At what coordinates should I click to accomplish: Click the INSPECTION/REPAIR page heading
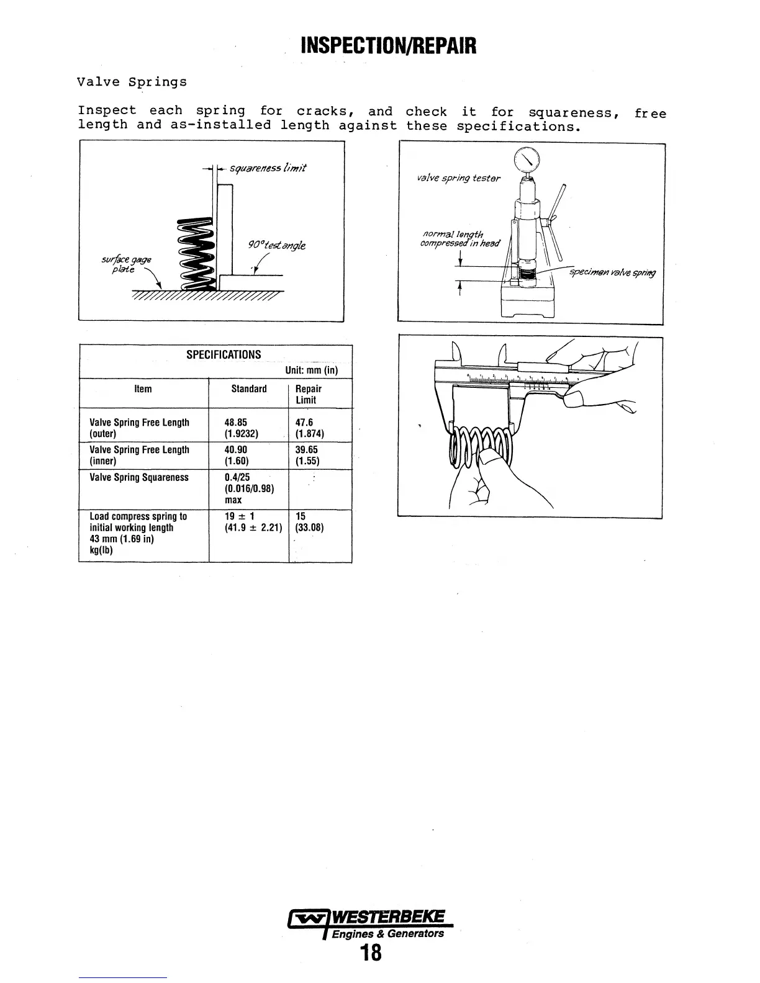pos(388,45)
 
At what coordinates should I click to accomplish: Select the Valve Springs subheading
pos(132,82)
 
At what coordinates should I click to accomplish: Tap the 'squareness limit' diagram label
pos(268,168)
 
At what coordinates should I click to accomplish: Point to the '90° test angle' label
pos(277,245)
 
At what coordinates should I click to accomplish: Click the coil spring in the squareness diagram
pos(196,254)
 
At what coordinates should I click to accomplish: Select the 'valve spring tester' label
pos(458,179)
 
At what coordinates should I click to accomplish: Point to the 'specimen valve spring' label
pos(612,273)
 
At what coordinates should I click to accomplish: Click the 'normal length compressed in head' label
pos(459,238)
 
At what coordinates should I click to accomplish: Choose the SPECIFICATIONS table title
pos(224,355)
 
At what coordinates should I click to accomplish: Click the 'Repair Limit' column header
pos(308,394)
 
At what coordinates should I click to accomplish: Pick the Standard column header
pos(248,389)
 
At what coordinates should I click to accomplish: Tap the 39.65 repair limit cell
pos(307,450)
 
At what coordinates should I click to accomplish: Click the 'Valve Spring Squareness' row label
pos(139,477)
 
